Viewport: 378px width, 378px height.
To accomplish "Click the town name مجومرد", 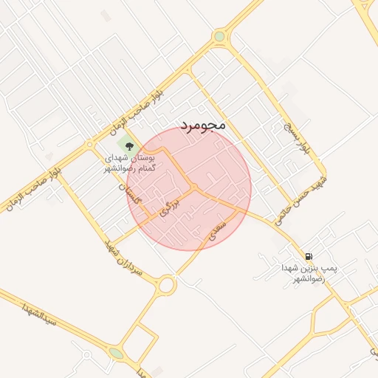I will click(x=202, y=126).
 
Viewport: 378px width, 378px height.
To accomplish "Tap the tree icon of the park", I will click(x=130, y=146).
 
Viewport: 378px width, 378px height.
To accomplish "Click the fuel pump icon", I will click(x=308, y=255).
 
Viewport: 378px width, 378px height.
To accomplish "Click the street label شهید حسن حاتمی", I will click(x=289, y=199).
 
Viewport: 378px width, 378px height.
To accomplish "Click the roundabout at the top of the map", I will click(x=219, y=35).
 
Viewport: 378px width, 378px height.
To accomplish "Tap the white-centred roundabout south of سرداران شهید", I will click(x=167, y=284).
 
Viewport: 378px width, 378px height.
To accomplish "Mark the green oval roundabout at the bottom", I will click(x=117, y=354).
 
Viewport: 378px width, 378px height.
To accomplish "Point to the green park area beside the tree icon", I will click(x=123, y=140).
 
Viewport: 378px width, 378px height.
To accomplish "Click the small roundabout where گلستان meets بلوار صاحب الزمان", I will click(x=89, y=145).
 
